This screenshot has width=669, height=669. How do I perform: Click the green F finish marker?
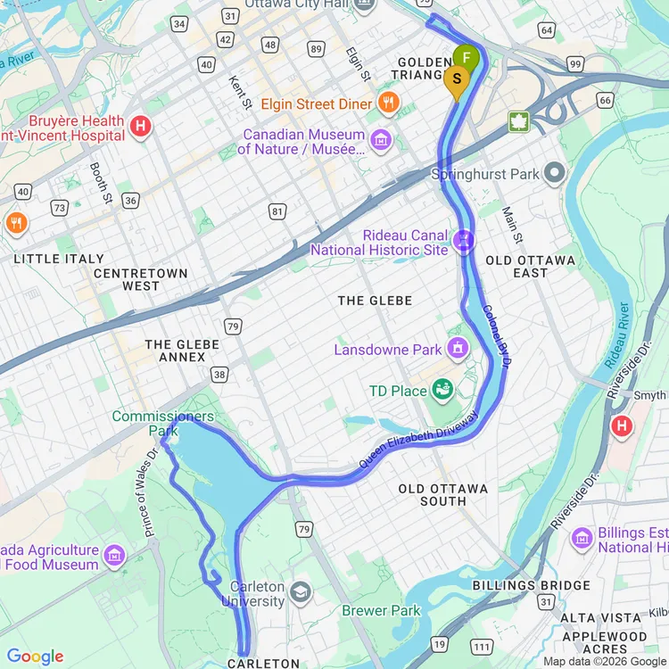pos(466,59)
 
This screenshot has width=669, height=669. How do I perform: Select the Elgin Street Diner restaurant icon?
pos(387,103)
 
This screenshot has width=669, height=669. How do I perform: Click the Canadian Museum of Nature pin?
pos(381,140)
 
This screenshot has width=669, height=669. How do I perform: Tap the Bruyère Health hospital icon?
pos(139,127)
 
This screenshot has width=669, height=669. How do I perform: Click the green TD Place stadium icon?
pos(441,389)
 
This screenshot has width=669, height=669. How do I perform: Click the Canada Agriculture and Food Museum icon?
pos(114,557)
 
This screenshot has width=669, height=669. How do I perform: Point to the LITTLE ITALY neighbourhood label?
pos(59,259)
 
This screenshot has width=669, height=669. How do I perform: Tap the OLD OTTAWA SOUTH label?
pos(443,495)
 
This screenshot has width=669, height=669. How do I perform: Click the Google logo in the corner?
pos(36,657)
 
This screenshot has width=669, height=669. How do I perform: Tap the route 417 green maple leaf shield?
pos(519,122)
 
